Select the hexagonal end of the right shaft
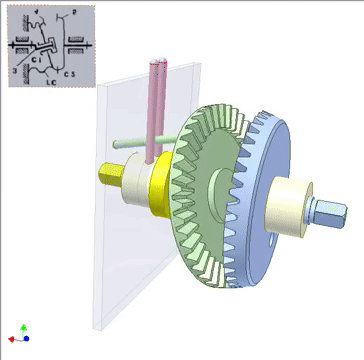tap(329, 212)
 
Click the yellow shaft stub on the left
tap(110, 178)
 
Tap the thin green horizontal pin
tap(135, 143)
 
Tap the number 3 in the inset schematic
tap(15, 70)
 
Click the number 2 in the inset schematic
tap(75, 14)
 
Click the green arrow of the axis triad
tap(23, 327)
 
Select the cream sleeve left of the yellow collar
tap(136, 189)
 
